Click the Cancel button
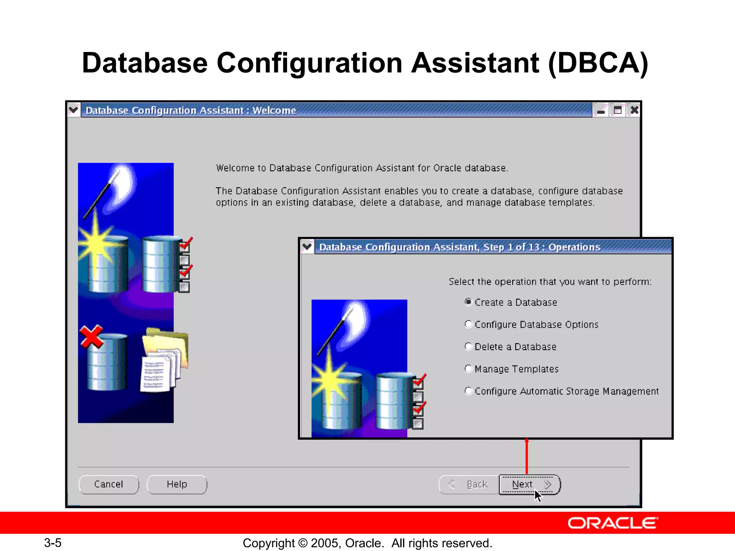[108, 485]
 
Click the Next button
[529, 485]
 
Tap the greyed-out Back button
[469, 485]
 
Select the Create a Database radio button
[468, 302]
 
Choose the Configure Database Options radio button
[468, 324]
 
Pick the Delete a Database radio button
[468, 347]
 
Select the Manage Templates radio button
[468, 369]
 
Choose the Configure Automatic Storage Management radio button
[468, 391]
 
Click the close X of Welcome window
[634, 110]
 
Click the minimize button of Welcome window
[601, 110]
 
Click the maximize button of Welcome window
[618, 110]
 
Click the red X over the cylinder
[91, 337]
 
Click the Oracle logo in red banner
[612, 523]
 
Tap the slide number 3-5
[53, 543]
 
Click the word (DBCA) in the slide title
[598, 63]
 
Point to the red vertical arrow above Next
[526, 456]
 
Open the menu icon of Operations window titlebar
[307, 247]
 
